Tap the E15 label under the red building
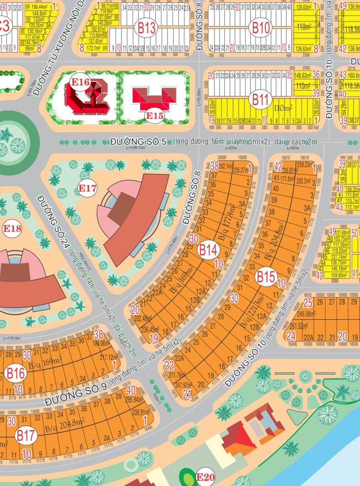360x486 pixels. point(154,116)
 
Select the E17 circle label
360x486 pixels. point(87,188)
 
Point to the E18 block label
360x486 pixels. point(12,229)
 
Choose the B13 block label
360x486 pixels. point(147,28)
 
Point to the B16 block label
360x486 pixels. point(15,373)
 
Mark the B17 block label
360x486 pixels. point(25,435)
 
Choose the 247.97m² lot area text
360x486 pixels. point(183,385)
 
